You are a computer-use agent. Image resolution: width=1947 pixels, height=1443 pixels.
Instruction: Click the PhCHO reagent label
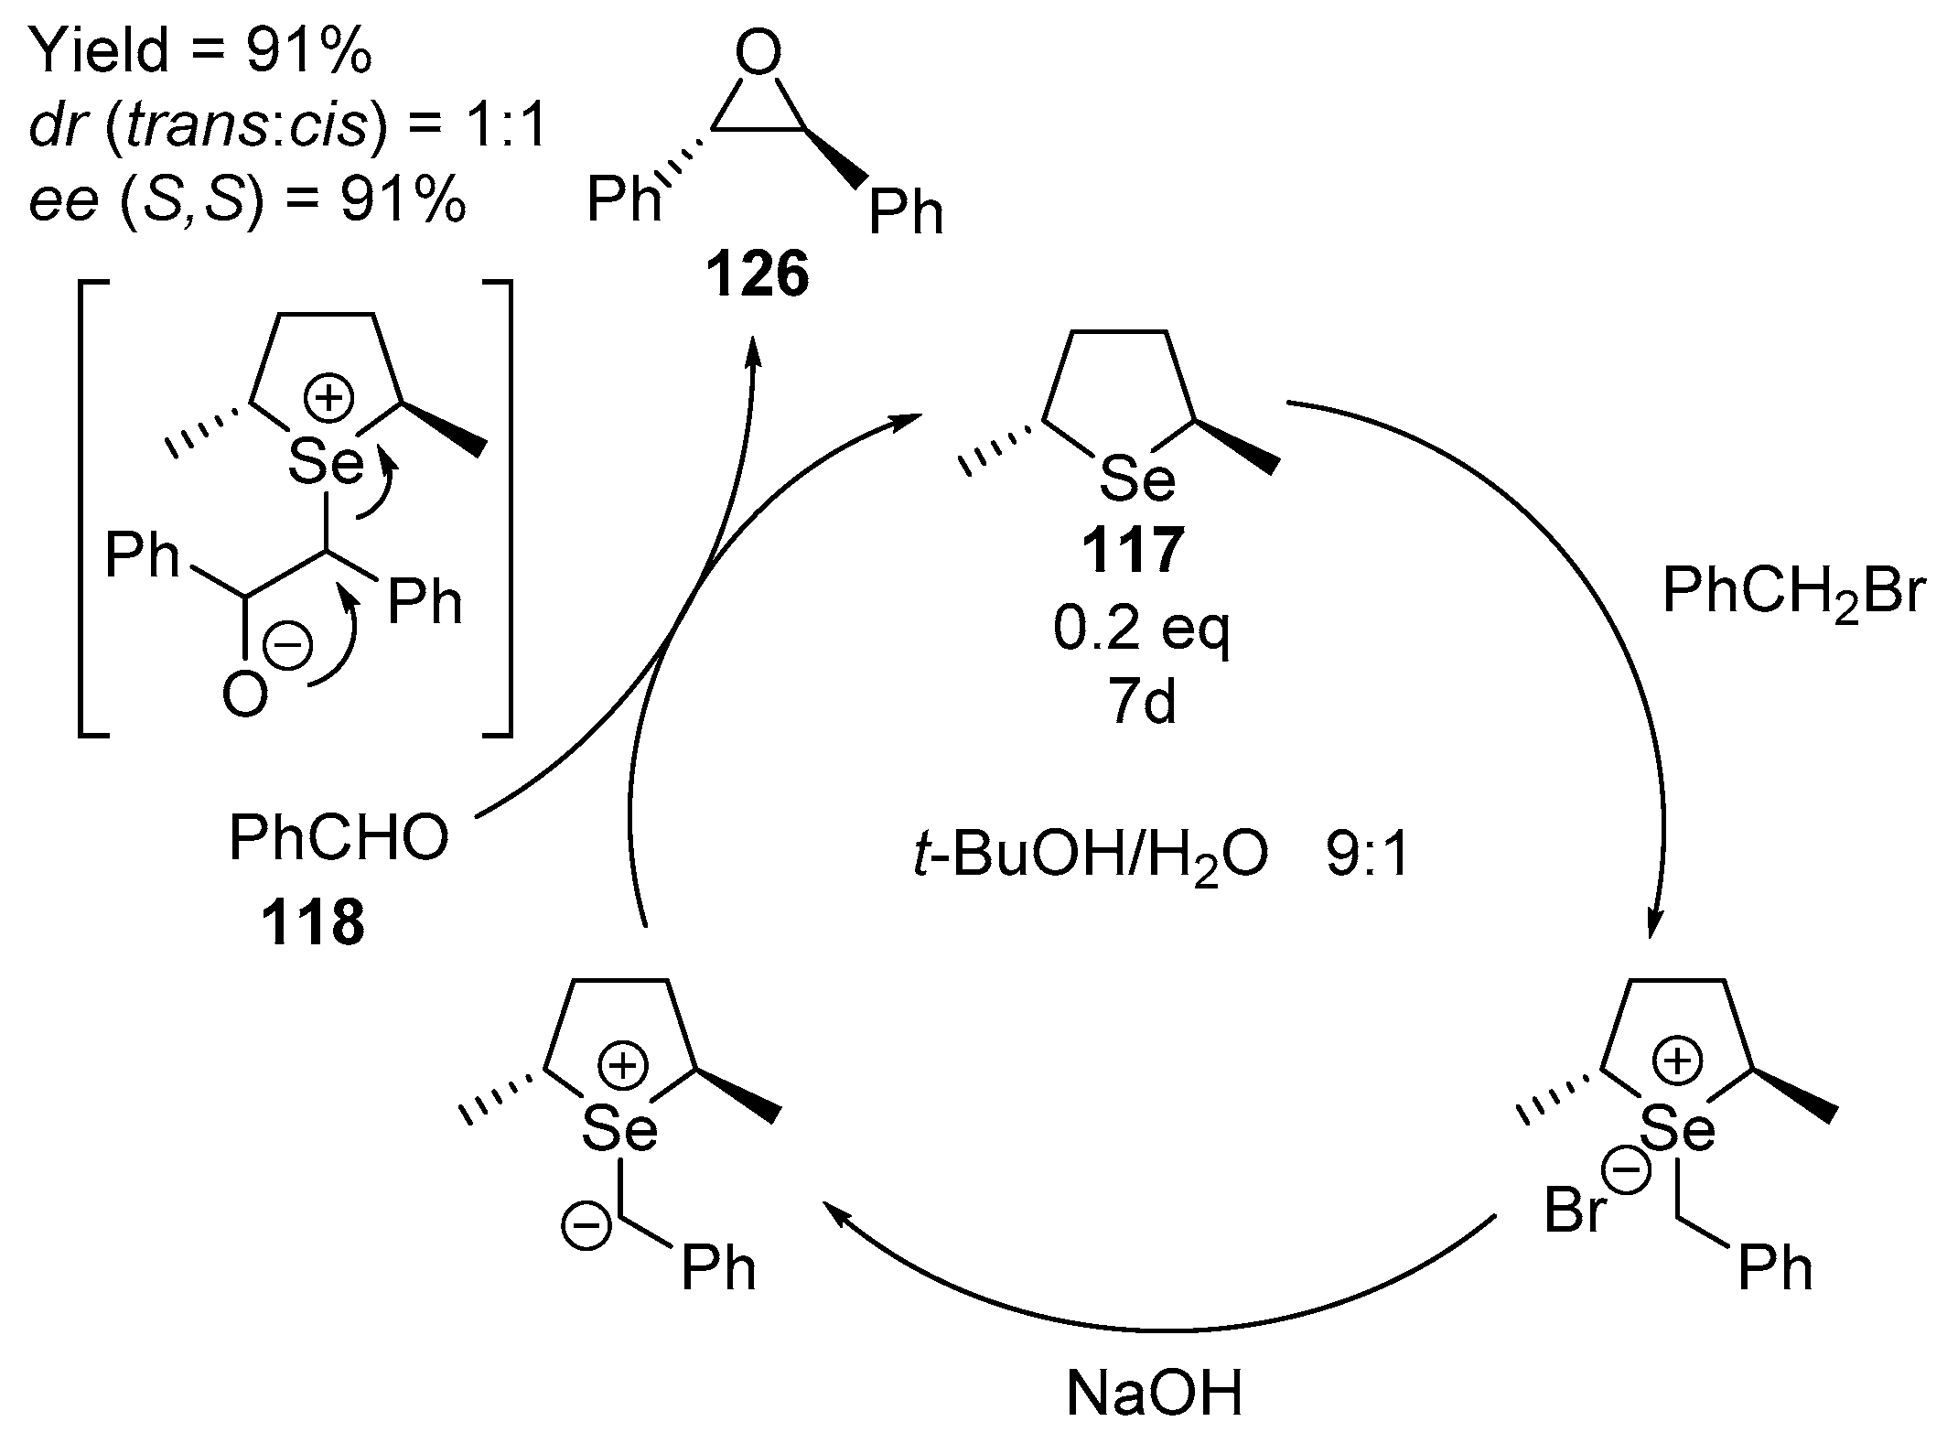pos(339,839)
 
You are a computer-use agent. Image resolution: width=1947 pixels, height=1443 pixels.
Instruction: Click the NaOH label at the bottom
pos(1155,1394)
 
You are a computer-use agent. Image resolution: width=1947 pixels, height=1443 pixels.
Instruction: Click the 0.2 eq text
pos(1141,630)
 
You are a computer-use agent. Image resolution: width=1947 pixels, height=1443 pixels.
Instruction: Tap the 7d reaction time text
pos(1144,703)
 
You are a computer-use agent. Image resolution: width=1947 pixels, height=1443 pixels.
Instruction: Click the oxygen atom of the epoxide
pos(758,55)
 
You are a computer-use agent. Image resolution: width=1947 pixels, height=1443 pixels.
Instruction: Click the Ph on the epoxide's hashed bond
pos(624,199)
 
